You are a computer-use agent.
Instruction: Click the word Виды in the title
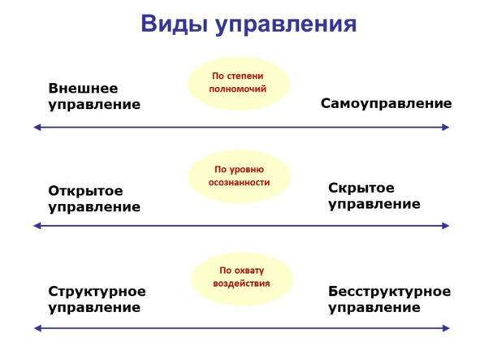point(174,24)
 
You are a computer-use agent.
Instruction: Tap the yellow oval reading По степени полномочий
point(239,83)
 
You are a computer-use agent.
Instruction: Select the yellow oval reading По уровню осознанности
point(240,176)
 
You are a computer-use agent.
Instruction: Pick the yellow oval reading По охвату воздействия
point(242,278)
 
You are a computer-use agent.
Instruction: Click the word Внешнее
point(84,89)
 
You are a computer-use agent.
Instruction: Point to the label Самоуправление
point(386,103)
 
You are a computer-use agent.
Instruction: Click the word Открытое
point(86,191)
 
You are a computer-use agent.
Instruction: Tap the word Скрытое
point(361,188)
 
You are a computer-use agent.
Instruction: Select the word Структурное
point(97,292)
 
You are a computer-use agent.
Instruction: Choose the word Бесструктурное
point(389,292)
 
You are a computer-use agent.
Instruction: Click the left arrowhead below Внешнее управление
point(37,127)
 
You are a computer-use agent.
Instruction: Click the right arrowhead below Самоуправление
point(445,127)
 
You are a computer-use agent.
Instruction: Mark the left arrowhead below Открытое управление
point(37,226)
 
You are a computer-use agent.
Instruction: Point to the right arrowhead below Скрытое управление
point(445,226)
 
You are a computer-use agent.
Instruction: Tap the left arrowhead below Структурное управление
point(37,328)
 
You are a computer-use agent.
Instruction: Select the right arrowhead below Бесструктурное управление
point(445,328)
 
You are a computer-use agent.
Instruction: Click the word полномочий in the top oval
point(237,89)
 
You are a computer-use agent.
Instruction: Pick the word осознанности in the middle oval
point(239,182)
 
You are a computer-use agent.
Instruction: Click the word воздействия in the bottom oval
point(241,284)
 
